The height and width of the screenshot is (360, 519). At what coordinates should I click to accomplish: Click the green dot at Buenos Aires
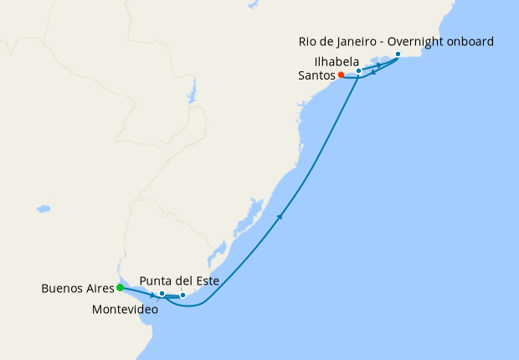point(120,288)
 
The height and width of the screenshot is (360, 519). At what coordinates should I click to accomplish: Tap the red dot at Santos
point(341,75)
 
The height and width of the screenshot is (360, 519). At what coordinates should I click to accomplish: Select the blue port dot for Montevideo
point(162,294)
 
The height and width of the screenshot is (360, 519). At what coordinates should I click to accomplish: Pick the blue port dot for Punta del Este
point(182,296)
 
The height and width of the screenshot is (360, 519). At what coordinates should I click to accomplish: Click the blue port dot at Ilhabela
point(358,71)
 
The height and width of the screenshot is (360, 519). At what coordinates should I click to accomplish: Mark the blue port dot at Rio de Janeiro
point(398,54)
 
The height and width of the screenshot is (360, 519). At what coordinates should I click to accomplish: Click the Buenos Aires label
point(77,289)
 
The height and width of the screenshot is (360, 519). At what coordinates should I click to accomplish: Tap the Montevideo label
point(125,309)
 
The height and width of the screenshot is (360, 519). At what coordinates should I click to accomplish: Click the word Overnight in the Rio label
point(419,41)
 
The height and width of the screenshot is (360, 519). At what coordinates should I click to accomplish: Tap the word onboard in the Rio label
point(471,41)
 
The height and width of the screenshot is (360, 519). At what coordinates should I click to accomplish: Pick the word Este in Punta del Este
point(207,281)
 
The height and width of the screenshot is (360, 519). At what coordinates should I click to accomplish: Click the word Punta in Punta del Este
point(156,281)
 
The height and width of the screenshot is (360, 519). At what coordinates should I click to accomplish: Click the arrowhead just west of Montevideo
point(152,296)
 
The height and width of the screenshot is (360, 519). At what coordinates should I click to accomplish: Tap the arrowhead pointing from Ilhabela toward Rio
point(379,64)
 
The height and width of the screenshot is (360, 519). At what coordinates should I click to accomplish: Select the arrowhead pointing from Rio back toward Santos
point(373,72)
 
